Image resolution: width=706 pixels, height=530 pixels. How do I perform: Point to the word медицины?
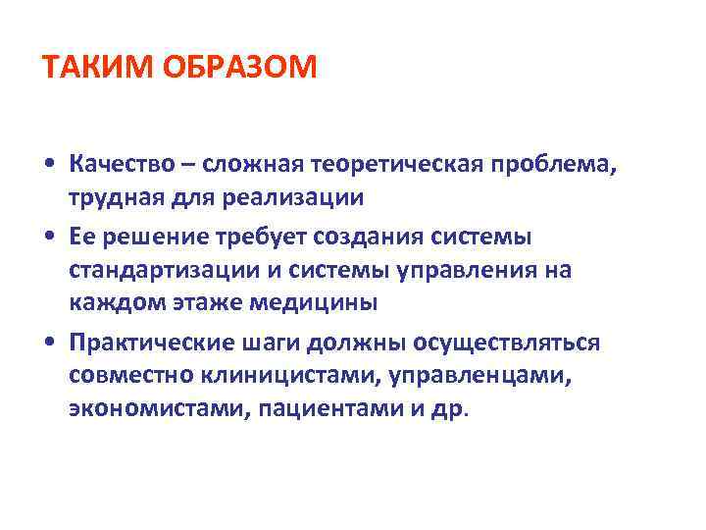coord(316,302)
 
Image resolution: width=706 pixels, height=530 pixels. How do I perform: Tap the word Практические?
coord(152,341)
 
